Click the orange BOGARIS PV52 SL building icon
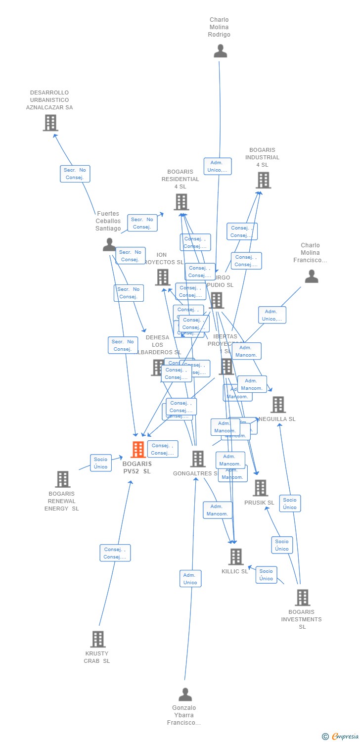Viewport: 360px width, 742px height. click(x=138, y=449)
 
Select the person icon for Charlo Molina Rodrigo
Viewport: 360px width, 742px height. click(x=220, y=51)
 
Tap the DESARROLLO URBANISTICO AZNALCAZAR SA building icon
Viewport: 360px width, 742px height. click(x=50, y=123)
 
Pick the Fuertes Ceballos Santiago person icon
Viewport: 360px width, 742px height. click(x=109, y=244)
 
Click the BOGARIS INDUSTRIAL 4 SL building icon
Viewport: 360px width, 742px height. click(x=263, y=180)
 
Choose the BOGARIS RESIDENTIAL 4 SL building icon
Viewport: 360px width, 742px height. click(x=181, y=202)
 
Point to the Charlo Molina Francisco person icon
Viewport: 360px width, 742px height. click(x=311, y=277)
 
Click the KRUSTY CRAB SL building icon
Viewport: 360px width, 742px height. click(x=98, y=639)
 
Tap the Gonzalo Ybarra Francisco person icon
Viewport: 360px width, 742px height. click(x=185, y=695)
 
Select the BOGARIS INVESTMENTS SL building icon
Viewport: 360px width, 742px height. click(x=302, y=598)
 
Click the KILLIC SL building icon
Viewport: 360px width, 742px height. click(x=236, y=557)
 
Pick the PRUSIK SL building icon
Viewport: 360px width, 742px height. click(x=260, y=488)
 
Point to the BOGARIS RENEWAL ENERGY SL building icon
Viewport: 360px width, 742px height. click(x=62, y=479)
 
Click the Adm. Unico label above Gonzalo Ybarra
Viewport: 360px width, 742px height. click(x=190, y=579)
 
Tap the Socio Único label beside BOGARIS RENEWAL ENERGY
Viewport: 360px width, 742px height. click(x=100, y=463)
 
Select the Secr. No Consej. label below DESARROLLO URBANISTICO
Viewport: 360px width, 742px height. click(x=75, y=174)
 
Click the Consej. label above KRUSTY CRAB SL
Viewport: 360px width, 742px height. click(x=115, y=553)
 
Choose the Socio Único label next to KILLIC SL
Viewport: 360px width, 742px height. click(x=266, y=575)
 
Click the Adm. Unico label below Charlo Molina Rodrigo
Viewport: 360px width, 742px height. click(x=218, y=166)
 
